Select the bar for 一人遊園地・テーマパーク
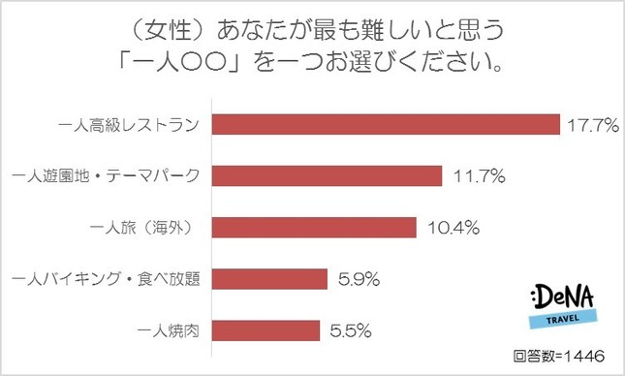click(327, 176)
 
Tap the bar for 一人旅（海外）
click(313, 228)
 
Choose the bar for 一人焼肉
click(265, 330)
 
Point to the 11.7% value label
click(475, 176)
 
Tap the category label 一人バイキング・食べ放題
click(107, 279)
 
